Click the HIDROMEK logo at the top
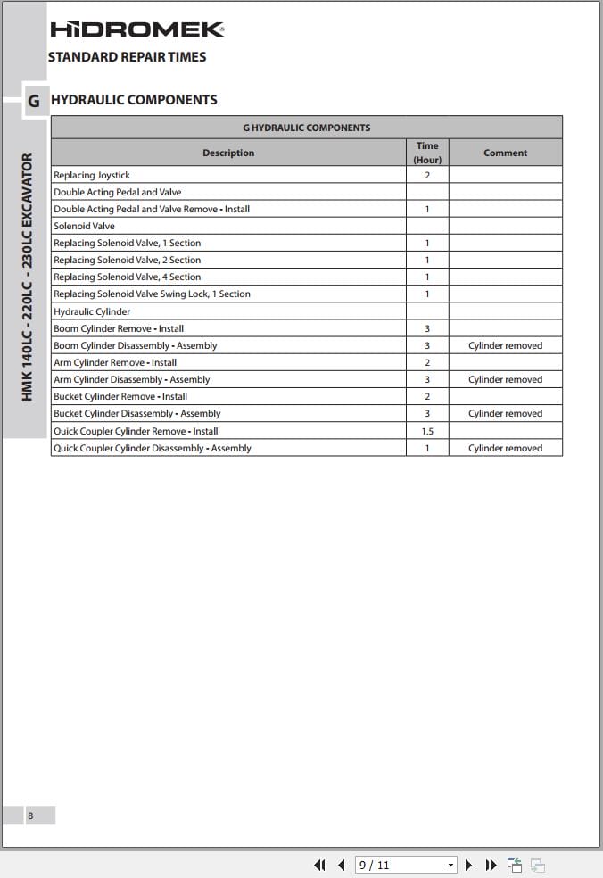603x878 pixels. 137,29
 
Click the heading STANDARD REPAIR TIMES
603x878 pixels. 127,57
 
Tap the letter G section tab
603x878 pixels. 34,101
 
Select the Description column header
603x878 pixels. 228,153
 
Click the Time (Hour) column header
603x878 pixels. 427,153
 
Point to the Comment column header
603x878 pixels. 505,153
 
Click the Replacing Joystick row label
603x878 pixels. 92,175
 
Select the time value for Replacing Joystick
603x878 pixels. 427,175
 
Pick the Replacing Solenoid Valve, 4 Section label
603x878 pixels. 128,277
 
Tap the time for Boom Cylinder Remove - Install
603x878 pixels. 427,328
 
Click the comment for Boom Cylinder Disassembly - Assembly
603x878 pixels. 505,345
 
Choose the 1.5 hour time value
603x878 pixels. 427,431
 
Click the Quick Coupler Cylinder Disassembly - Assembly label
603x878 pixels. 153,448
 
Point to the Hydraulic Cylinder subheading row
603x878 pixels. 92,311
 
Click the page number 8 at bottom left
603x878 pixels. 30,816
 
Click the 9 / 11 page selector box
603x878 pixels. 406,865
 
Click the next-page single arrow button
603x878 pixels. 469,865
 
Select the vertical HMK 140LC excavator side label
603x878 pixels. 27,277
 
